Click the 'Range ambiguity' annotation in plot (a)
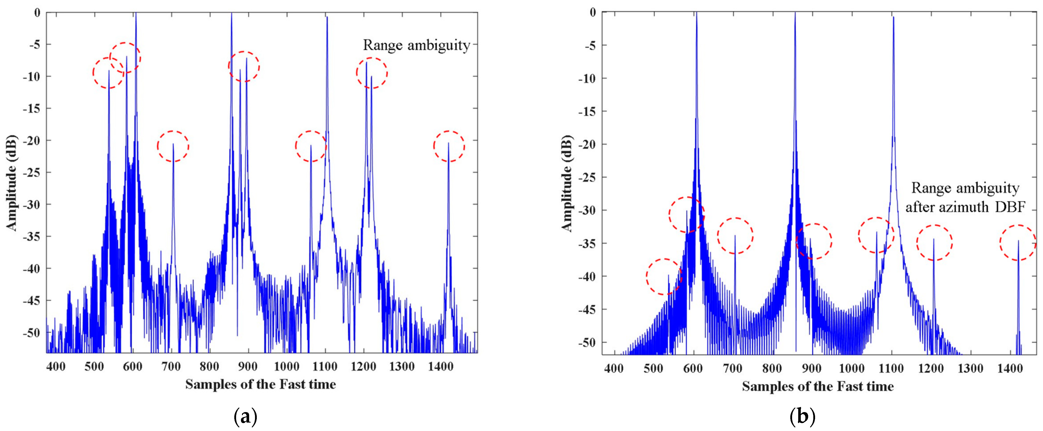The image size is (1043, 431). pos(416,45)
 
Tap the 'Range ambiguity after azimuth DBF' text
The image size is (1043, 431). pos(965,198)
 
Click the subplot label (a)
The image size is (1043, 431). pos(245,417)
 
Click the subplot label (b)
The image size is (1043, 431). pos(802,417)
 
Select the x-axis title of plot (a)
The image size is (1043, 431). pos(260,384)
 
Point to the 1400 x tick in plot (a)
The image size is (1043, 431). pos(440,367)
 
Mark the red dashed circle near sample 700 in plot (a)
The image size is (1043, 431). pos(173,146)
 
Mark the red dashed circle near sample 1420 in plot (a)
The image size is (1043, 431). pos(449,146)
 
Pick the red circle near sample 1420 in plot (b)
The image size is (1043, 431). pos(1017,242)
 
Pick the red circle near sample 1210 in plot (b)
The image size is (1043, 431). pos(934,242)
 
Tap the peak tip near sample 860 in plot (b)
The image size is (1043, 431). pos(795,13)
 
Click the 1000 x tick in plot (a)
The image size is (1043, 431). pos(286,367)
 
